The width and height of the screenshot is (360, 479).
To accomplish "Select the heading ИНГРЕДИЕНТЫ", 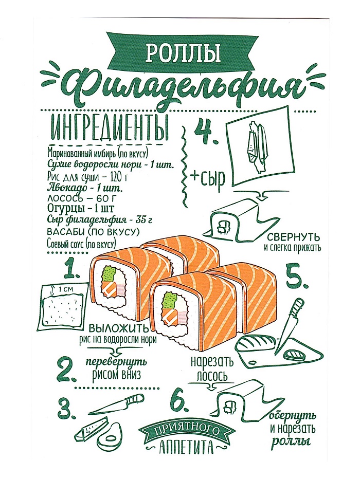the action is (110, 129).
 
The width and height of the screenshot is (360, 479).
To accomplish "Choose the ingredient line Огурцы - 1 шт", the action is (81, 209).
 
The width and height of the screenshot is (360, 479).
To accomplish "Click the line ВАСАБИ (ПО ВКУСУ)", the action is (91, 232).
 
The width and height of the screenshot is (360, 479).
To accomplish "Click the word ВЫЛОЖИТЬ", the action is (119, 329).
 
